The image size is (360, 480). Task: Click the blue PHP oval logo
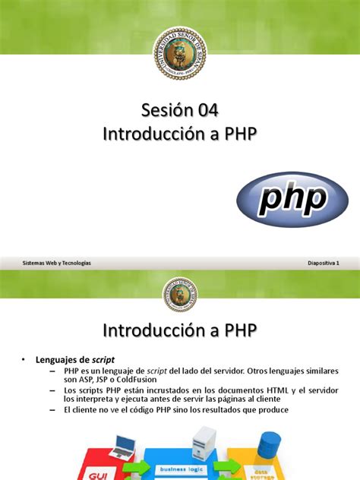(292, 198)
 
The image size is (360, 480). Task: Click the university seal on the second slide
(180, 294)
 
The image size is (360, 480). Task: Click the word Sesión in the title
(164, 111)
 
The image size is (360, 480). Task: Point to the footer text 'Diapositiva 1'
(322, 262)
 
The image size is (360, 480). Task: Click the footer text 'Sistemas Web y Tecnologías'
(57, 262)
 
